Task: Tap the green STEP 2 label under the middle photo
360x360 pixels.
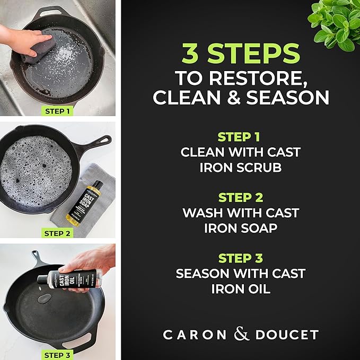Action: point(57,233)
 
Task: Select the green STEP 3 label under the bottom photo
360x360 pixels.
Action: point(57,355)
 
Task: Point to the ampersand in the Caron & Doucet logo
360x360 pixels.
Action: point(241,334)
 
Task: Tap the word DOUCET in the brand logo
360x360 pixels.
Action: point(287,335)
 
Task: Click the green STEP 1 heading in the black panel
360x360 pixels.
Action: point(240,136)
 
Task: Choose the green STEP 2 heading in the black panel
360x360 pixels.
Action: point(240,197)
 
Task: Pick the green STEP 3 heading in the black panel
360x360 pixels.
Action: point(240,258)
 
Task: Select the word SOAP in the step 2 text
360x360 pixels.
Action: point(260,228)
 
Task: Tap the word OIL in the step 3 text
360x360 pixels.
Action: point(260,289)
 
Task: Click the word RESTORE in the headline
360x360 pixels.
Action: point(270,77)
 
